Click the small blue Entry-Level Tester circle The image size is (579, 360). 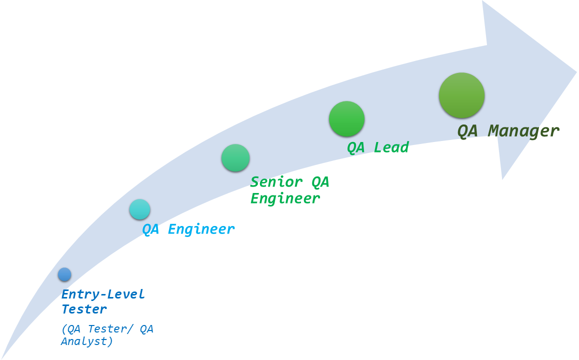pos(64,274)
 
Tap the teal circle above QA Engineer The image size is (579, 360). pos(139,209)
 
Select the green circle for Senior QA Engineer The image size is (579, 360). pos(235,158)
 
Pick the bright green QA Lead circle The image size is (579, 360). pos(346,119)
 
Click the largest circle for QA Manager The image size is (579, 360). pos(461,95)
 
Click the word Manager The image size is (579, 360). pos(523,131)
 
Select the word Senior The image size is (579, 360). pos(277,182)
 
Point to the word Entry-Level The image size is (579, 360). pos(103,294)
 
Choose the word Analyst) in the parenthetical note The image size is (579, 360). pos(87,341)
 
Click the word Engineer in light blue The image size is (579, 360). pos(200,229)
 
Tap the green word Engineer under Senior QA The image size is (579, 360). pos(285,198)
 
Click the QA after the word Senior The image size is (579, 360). pos(320,182)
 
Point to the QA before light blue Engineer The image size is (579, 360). pos(150,229)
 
